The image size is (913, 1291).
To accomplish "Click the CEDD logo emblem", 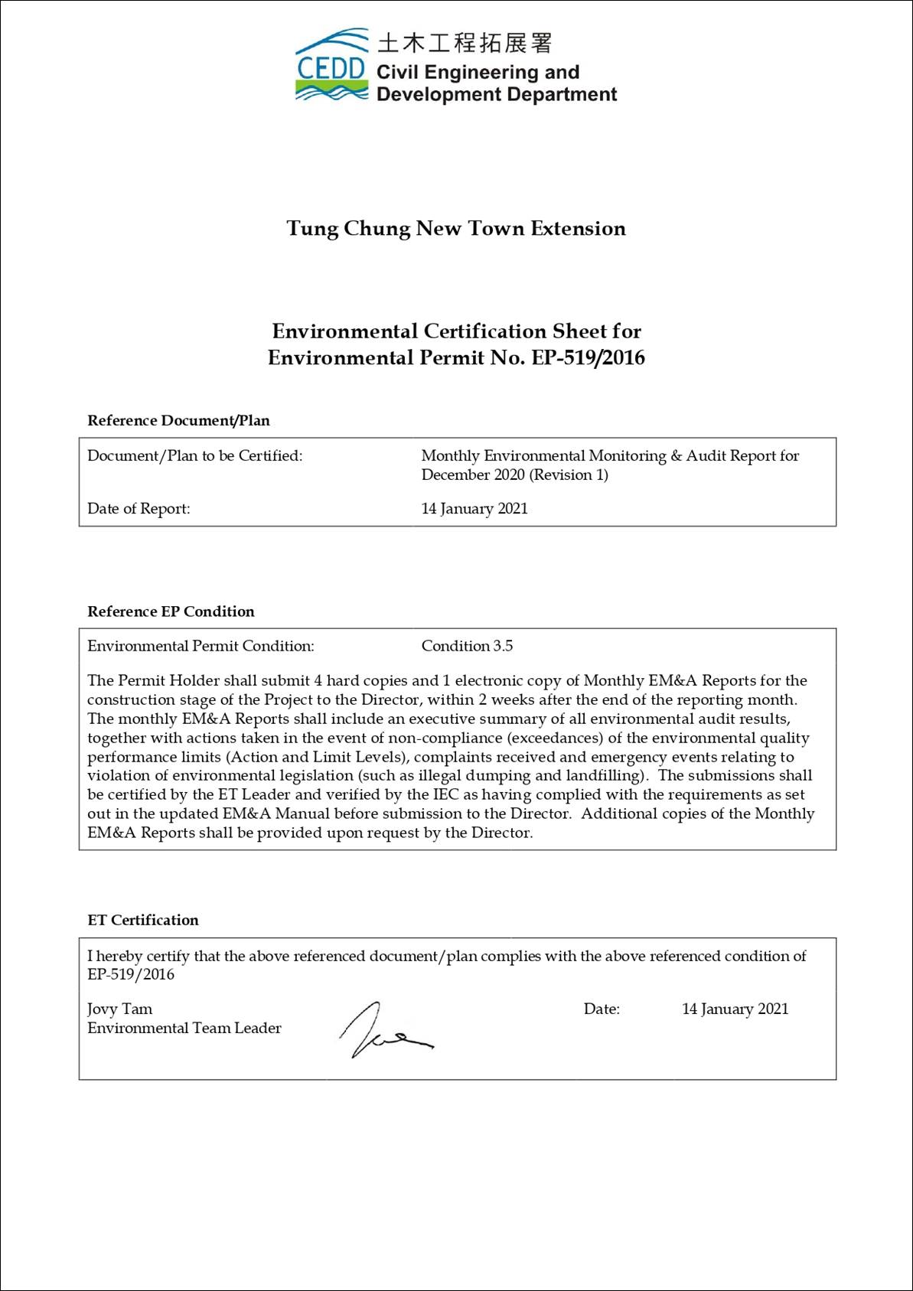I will pyautogui.click(x=331, y=67).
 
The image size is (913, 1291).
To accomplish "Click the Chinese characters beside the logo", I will pyautogui.click(x=464, y=43).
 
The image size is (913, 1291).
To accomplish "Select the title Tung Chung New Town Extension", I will pyautogui.click(x=456, y=229).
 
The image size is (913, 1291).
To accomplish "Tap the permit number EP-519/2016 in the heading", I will pyautogui.click(x=588, y=358).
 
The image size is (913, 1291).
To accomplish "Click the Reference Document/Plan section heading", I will pyautogui.click(x=178, y=420).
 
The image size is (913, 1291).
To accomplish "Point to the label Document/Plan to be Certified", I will pyautogui.click(x=195, y=456).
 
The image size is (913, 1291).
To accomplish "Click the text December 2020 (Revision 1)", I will pyautogui.click(x=514, y=474).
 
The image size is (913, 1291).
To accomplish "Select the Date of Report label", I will pyautogui.click(x=139, y=509).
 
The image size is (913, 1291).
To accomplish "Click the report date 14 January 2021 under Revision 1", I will pyautogui.click(x=474, y=509).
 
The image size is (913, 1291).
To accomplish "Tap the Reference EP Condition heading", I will pyautogui.click(x=171, y=611).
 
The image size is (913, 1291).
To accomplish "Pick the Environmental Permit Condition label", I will pyautogui.click(x=201, y=646).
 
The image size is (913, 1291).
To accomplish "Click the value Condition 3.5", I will pyautogui.click(x=467, y=646).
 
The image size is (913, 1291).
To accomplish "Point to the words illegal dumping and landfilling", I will pyautogui.click(x=529, y=776).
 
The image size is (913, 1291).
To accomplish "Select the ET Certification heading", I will pyautogui.click(x=143, y=920).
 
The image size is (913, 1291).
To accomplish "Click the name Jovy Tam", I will pyautogui.click(x=119, y=1009).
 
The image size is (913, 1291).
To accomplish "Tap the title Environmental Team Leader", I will pyautogui.click(x=184, y=1029).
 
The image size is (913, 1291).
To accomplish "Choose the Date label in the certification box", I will pyautogui.click(x=602, y=1009).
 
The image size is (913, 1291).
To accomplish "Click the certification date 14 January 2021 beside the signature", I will pyautogui.click(x=735, y=1009).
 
